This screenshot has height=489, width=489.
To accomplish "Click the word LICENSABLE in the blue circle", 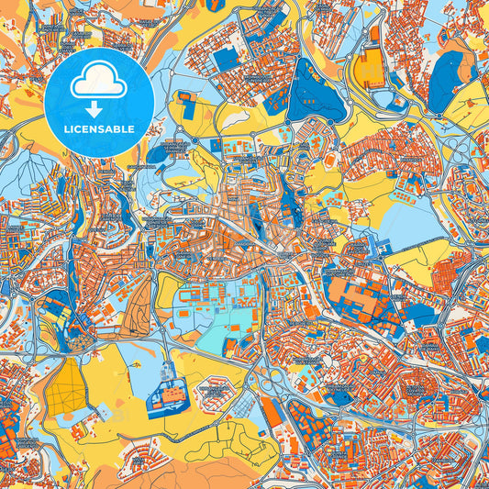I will click(98, 128).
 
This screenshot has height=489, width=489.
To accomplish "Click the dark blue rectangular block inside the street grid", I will click(225, 59).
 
